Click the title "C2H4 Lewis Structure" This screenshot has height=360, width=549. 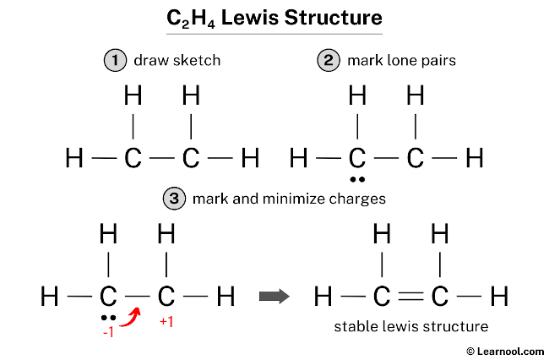click(x=274, y=17)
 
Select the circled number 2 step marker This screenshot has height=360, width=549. click(x=328, y=61)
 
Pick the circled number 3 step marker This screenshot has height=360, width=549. click(x=173, y=199)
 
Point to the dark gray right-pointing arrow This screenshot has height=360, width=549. click(x=273, y=297)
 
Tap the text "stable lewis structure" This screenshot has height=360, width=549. click(x=411, y=326)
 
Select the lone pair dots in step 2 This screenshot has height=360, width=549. click(x=358, y=179)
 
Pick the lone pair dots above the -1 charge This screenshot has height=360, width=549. click(x=107, y=317)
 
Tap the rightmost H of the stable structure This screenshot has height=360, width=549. click(x=499, y=297)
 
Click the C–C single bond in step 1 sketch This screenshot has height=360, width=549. click(x=162, y=158)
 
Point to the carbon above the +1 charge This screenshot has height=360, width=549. click(x=166, y=297)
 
